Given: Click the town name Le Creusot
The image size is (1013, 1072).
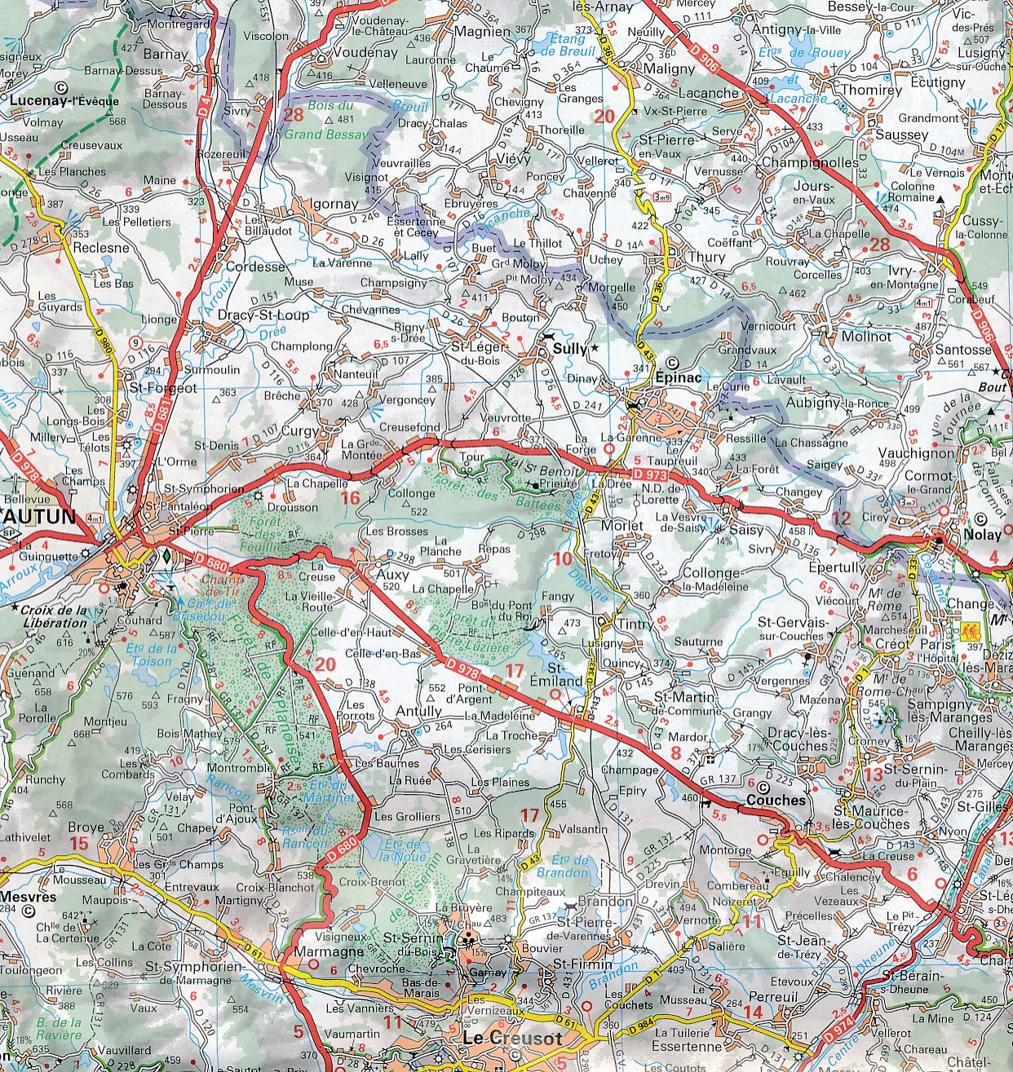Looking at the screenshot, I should pyautogui.click(x=512, y=1038).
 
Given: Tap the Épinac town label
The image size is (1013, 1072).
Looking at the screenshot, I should pyautogui.click(x=678, y=377).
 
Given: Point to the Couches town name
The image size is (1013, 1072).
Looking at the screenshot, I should pyautogui.click(x=775, y=800).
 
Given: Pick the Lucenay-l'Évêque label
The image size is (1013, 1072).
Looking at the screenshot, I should pyautogui.click(x=65, y=101).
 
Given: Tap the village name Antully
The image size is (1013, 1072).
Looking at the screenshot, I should pyautogui.click(x=418, y=711).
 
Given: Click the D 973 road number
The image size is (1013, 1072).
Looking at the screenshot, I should pyautogui.click(x=649, y=474).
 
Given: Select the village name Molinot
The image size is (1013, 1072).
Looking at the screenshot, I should pyautogui.click(x=866, y=336).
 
